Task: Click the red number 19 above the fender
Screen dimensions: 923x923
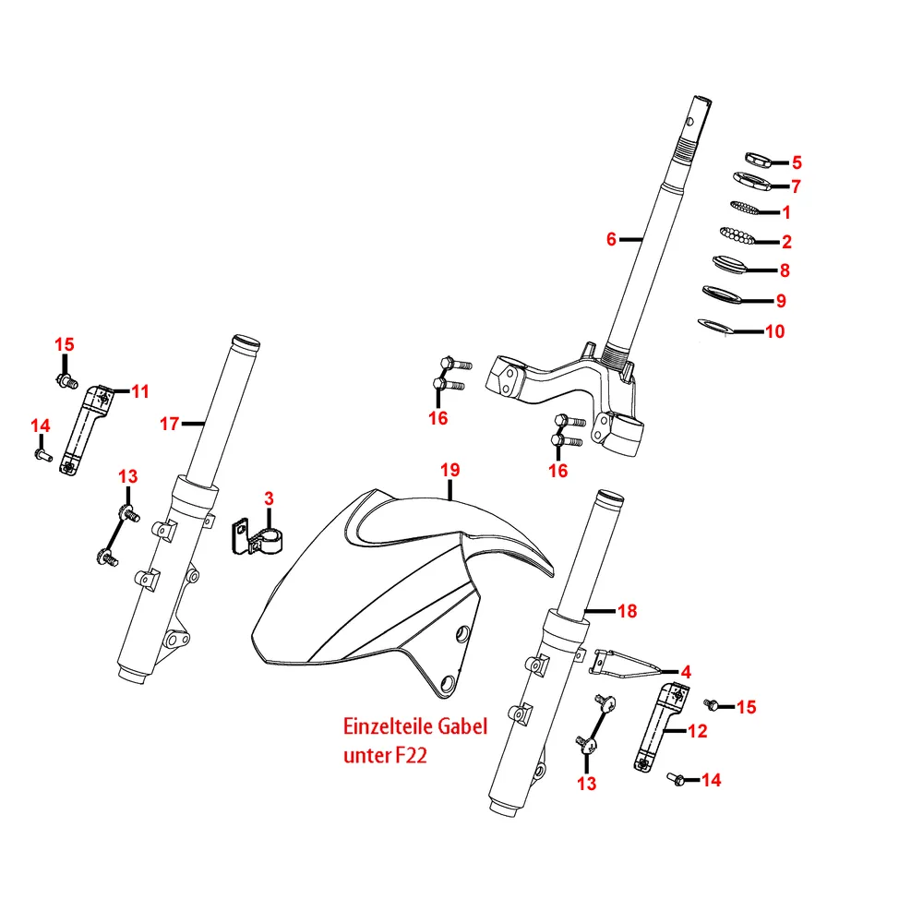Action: [x=449, y=471]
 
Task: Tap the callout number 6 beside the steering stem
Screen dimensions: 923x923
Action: [x=611, y=239]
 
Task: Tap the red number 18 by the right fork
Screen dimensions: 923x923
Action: [x=627, y=611]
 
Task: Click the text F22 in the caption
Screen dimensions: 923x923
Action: [x=411, y=756]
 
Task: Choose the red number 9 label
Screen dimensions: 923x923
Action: [x=780, y=301]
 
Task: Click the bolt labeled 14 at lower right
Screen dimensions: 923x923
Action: [x=675, y=780]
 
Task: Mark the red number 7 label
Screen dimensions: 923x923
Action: [x=795, y=186]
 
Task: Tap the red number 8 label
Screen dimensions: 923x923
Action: [x=785, y=271]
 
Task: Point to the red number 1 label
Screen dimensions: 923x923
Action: [x=785, y=212]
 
